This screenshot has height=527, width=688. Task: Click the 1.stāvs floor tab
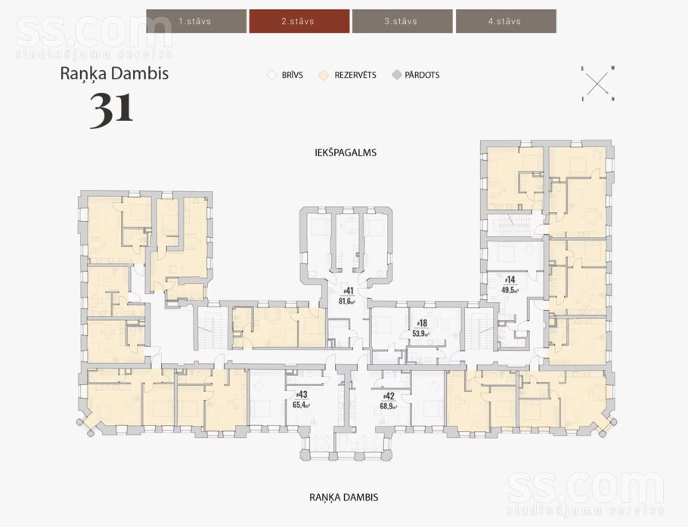click(196, 21)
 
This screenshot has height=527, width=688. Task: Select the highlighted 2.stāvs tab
click(299, 21)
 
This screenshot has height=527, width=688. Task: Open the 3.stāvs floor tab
click(402, 21)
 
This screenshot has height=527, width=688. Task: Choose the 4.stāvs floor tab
click(506, 21)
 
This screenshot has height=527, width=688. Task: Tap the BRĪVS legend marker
click(272, 75)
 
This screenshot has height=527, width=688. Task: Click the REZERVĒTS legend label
click(355, 75)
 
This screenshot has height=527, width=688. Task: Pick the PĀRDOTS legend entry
click(416, 75)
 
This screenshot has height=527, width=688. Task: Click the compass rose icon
click(597, 84)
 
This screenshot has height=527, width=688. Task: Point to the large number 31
click(111, 109)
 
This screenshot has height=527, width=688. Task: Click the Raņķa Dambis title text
click(114, 73)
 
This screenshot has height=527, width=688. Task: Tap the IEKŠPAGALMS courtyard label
click(346, 153)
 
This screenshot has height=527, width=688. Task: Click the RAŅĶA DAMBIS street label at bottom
click(344, 498)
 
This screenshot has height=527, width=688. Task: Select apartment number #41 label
click(348, 291)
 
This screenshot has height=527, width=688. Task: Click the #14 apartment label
click(510, 279)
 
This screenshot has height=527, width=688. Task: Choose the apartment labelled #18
click(422, 323)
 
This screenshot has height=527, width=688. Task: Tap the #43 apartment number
click(302, 395)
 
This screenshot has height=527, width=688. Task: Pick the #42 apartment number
click(389, 396)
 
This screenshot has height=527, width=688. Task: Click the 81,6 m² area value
click(347, 301)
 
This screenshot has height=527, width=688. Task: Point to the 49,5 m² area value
click(510, 290)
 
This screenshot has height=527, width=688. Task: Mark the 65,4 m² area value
click(302, 405)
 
